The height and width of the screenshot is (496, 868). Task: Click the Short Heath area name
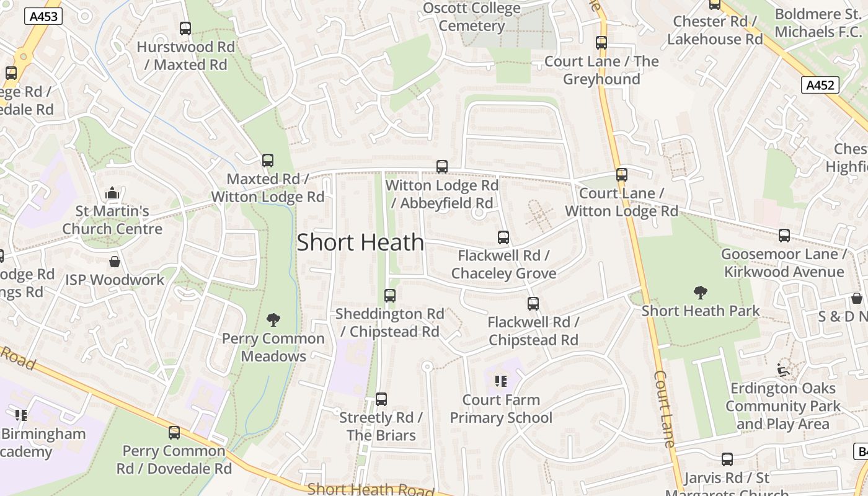[360, 242]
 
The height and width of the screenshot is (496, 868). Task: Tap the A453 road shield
[44, 16]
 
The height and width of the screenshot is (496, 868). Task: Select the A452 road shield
[820, 86]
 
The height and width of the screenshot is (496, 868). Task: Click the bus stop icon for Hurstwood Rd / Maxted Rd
[185, 28]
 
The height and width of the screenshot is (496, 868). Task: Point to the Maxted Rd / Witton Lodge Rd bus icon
[268, 161]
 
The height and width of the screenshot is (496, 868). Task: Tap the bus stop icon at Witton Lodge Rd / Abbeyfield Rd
[442, 166]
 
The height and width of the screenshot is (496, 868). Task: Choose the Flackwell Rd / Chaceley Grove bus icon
[503, 237]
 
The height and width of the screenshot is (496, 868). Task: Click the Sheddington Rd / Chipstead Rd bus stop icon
[390, 296]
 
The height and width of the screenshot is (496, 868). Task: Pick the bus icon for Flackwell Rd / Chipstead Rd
[533, 304]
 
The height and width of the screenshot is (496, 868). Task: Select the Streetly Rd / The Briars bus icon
[381, 399]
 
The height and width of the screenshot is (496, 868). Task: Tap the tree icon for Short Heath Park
[701, 292]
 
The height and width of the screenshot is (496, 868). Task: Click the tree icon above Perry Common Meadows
[273, 320]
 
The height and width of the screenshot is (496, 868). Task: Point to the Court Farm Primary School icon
[501, 381]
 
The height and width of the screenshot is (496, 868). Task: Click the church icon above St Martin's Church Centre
[112, 193]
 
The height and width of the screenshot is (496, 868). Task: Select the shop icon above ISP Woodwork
[115, 262]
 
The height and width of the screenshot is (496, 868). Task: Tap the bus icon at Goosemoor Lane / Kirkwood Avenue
[784, 236]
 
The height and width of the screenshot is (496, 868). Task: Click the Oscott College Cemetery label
[472, 17]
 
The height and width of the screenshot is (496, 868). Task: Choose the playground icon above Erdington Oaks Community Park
[783, 370]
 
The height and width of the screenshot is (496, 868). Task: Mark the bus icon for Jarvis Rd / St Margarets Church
[727, 459]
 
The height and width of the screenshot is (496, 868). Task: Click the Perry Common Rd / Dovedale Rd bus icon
[174, 432]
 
